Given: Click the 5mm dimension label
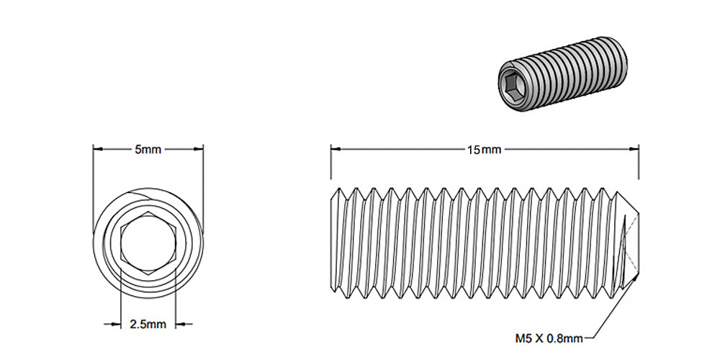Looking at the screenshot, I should coord(148,150).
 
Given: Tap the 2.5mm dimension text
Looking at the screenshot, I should coord(148,324).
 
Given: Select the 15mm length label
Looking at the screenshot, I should coord(484,150).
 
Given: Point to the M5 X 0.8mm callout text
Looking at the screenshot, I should coord(549,336).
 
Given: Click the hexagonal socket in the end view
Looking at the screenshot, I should coord(148,243).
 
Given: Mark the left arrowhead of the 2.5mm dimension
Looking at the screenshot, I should coord(115,324).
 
